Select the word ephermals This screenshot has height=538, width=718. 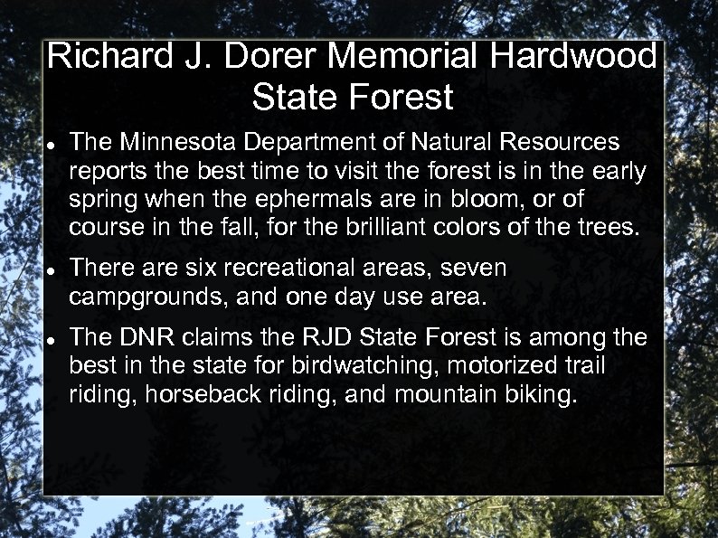290,198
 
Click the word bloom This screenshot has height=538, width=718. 473,198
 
